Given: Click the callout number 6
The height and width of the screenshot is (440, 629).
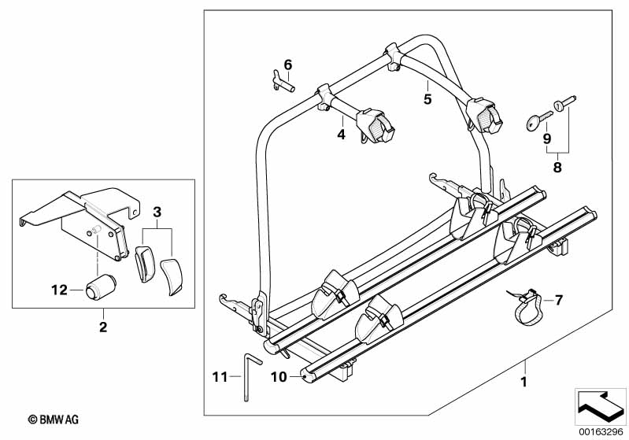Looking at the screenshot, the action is tap(288, 65).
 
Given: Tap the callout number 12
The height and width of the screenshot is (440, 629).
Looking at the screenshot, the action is tap(59, 290).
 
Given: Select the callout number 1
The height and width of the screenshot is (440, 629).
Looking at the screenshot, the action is tap(524, 382).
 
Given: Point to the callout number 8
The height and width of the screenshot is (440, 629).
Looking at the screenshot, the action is tap(557, 167).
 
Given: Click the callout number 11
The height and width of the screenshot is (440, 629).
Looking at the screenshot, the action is tap(220, 377).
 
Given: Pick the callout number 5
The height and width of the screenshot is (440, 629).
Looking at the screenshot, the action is tap(427, 98).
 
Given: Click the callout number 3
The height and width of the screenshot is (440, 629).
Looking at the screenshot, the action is tap(157, 212).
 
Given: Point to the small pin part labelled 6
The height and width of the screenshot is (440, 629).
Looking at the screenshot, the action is tap(283, 81).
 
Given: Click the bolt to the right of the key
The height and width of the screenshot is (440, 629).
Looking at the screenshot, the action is tap(564, 102).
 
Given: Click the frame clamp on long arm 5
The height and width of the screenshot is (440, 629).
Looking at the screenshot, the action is tap(485, 115).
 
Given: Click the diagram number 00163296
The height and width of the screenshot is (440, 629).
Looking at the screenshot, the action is tap(601, 432).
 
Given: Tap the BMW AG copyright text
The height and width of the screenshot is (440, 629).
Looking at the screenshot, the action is tap(54, 420).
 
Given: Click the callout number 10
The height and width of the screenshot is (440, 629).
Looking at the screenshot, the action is tap(279, 377).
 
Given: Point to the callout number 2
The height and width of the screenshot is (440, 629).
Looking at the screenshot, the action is tap(103, 327).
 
